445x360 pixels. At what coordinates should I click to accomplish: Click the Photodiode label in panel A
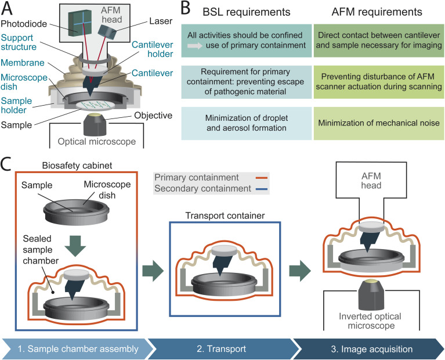tap(24, 24)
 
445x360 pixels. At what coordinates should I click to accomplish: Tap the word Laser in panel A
tap(161, 21)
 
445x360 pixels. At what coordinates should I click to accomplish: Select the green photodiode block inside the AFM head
tap(80, 23)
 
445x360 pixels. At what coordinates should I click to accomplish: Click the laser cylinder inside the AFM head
tap(107, 32)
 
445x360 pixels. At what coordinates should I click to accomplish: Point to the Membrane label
tap(23, 63)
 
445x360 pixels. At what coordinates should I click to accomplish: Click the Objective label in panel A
tap(153, 116)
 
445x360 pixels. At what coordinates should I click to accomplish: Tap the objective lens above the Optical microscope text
tap(95, 124)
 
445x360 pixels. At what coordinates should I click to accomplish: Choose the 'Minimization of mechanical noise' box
tap(379, 123)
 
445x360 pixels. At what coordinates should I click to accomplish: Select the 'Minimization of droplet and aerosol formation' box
tap(247, 123)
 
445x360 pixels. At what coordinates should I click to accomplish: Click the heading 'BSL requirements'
tap(247, 12)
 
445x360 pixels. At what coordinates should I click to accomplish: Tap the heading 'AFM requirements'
tap(377, 12)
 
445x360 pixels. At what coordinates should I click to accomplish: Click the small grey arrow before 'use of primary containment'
tap(195, 45)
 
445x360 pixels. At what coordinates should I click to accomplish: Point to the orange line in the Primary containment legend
tap(262, 178)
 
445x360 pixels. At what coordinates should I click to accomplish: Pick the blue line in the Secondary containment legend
tap(262, 189)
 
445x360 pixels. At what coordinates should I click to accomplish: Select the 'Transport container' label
tap(225, 215)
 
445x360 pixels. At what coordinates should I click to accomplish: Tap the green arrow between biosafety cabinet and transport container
tap(153, 271)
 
